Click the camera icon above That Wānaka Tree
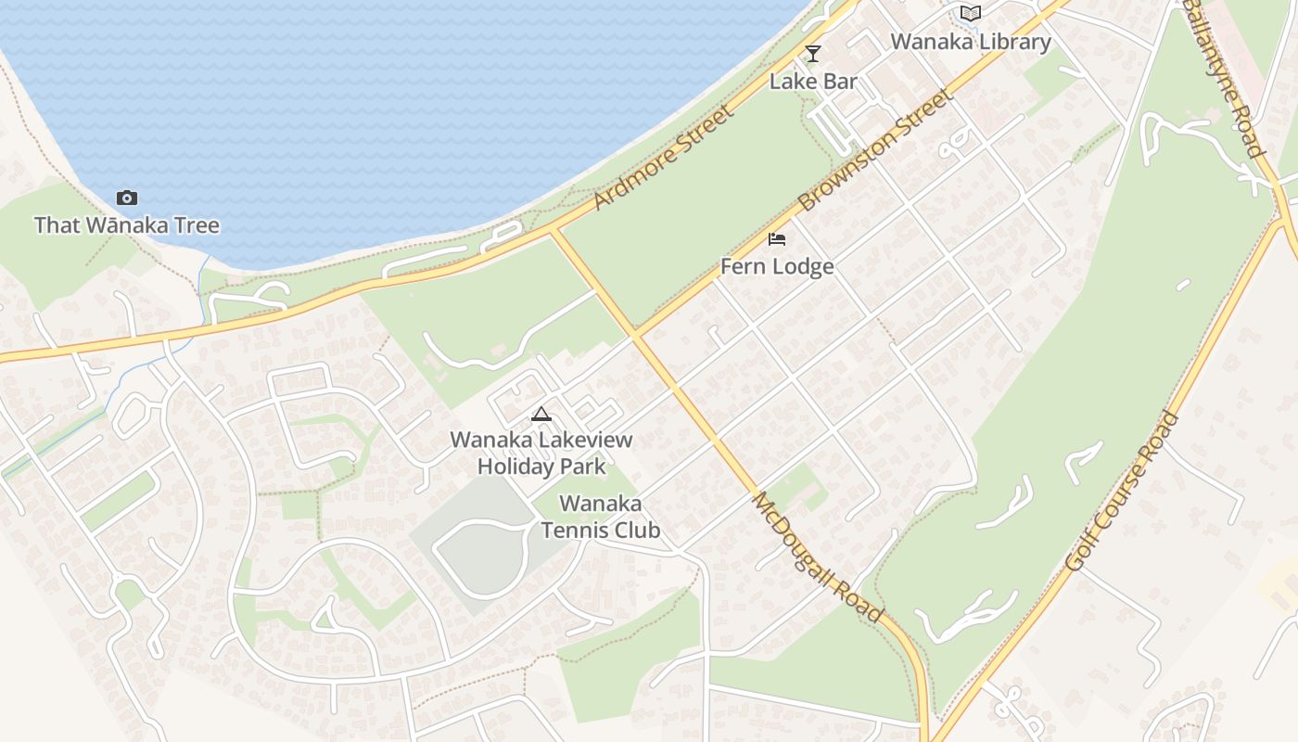tap(127, 198)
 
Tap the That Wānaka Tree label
tap(127, 225)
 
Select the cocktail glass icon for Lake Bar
tap(813, 54)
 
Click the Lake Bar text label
tap(813, 82)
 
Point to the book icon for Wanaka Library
tap(971, 14)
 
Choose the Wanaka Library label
tap(971, 42)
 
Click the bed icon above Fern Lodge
tap(777, 239)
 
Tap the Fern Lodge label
tap(777, 267)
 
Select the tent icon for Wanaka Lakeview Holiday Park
tap(541, 414)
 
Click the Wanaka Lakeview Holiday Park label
tap(541, 453)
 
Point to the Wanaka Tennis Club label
tap(601, 517)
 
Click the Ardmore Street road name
tap(664, 158)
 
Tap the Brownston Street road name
tap(874, 150)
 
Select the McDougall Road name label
tap(816, 556)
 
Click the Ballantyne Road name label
tap(1224, 79)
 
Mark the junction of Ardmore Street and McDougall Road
tap(553, 228)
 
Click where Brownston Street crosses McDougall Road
tap(634, 332)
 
